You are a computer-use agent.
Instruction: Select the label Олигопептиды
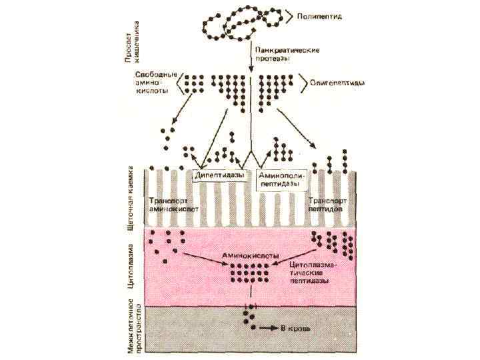click(x=337, y=83)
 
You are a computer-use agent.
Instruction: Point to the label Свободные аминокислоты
click(x=156, y=83)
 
